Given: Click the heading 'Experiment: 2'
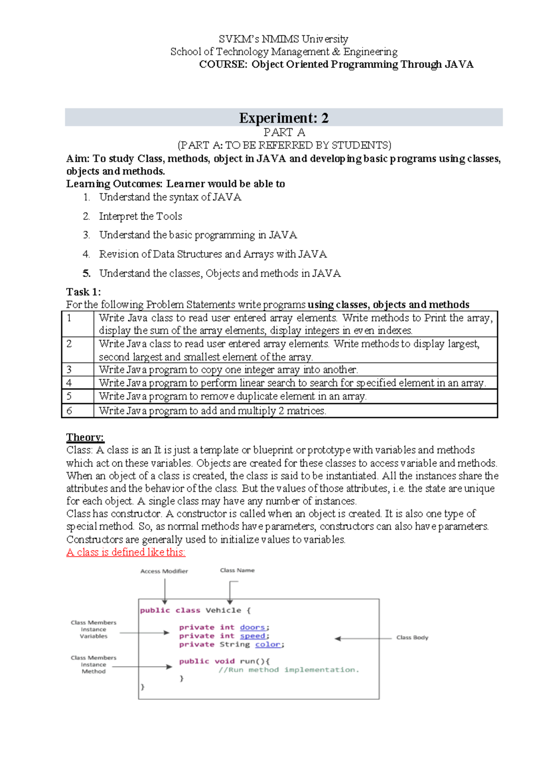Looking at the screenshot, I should tap(284, 118).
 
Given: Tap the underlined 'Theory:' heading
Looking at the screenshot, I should tap(85, 437).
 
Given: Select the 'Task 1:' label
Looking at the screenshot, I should tap(84, 292).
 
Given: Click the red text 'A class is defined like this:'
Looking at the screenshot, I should tap(126, 552).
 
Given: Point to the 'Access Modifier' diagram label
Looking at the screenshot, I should tap(164, 571).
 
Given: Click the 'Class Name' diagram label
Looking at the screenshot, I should tap(237, 570).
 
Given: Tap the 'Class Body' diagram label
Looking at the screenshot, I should tap(412, 638).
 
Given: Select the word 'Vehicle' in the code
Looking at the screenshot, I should tap(223, 611).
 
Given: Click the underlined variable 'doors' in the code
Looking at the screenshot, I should tap(252, 627).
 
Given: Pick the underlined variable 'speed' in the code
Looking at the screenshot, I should tap(253, 636).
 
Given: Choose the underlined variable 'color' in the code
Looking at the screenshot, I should tap(268, 645).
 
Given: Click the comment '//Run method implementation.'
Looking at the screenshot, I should tap(289, 670).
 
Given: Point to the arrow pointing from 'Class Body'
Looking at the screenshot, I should tap(363, 638).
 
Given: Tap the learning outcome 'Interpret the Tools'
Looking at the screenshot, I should tap(140, 216).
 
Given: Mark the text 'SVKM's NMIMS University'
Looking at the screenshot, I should tap(283, 39).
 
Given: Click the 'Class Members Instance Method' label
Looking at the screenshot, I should tap(94, 664).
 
